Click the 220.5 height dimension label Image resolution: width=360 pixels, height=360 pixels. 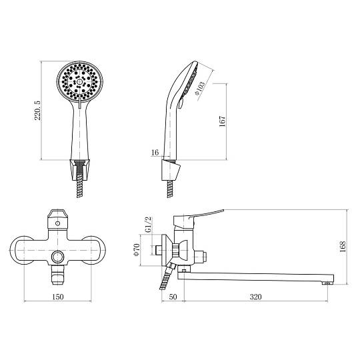point(37,111)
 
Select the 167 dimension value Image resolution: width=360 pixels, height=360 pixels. point(222,121)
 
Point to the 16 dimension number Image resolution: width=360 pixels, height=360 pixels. point(155,152)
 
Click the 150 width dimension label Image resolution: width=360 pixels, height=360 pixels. point(58,297)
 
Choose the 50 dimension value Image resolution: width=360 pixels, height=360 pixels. point(173,297)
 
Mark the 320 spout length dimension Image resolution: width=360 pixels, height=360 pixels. point(255,297)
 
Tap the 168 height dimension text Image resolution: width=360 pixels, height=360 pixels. point(343,247)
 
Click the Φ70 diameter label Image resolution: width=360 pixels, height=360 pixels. point(137,250)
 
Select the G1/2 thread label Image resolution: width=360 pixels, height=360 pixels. point(149,225)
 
